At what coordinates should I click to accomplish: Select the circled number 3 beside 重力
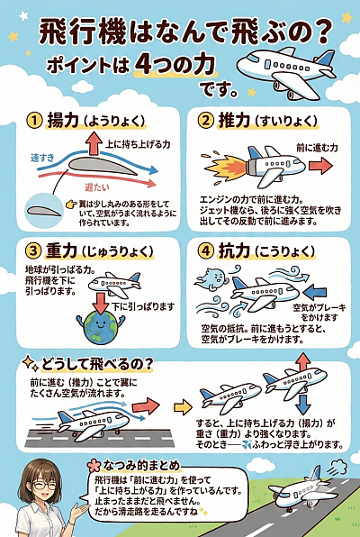point(34,250)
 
